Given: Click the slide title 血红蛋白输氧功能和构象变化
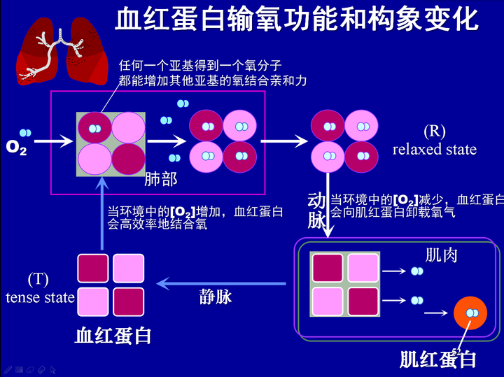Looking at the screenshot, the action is point(296,20).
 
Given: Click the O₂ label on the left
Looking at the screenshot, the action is point(16,148).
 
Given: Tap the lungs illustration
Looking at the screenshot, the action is point(62,51).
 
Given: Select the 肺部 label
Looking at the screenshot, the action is point(161,179).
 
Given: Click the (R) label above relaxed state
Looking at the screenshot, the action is point(435,131).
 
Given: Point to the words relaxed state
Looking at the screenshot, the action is point(435,150).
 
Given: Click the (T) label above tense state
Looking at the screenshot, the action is point(38,279).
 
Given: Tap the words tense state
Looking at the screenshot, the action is point(40,298).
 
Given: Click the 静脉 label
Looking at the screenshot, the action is point(216,297).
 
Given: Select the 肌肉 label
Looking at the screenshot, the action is point(441,255).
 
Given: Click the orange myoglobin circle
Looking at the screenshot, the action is point(470,313).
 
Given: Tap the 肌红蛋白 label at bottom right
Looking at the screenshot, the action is point(437,360).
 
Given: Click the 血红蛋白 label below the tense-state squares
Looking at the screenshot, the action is point(113,336).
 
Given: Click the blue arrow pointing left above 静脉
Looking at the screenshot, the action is point(221,283).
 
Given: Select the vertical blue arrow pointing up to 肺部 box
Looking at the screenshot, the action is point(102,213).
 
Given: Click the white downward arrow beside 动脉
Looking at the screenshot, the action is point(328,205).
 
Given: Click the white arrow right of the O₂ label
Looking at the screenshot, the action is point(54,141).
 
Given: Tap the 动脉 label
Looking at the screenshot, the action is point(316,211).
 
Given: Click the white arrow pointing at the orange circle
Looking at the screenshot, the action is point(436,313).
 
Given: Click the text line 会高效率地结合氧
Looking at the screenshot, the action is point(157,224).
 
